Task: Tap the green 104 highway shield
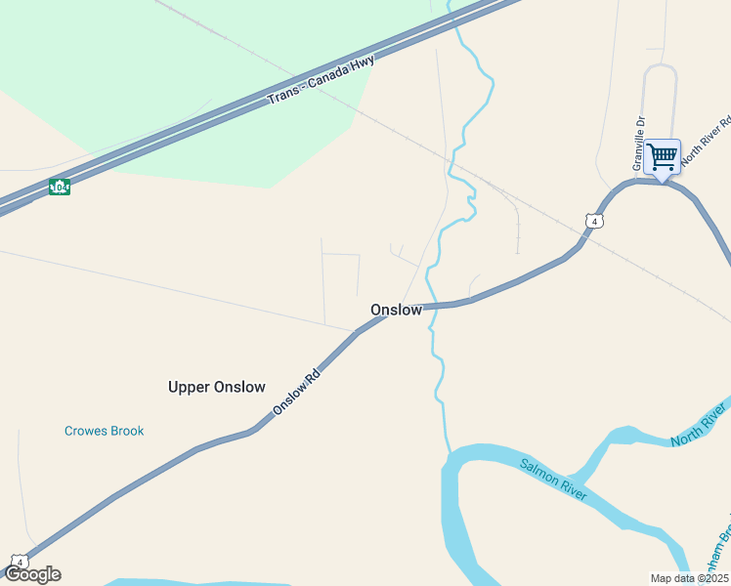click(60, 186)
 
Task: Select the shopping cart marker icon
click(663, 156)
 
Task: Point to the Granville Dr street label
click(640, 144)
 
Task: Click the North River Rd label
click(706, 143)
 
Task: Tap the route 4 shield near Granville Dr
click(594, 221)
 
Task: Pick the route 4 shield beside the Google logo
click(19, 562)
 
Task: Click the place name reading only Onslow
click(396, 310)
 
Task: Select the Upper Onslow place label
click(216, 387)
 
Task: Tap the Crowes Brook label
click(104, 431)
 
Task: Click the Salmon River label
click(553, 480)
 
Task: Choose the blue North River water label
click(699, 426)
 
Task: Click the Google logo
click(32, 574)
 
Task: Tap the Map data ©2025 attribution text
click(688, 578)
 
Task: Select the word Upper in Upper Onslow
click(189, 387)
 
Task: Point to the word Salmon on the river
click(539, 473)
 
